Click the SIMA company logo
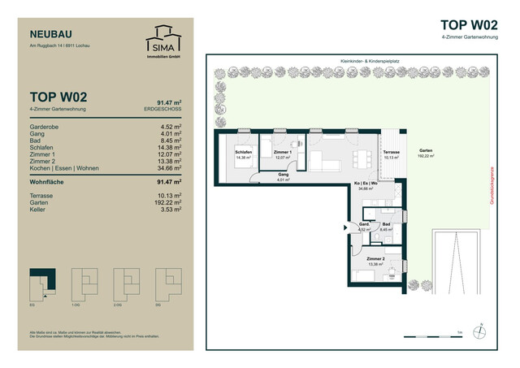[x=159, y=40]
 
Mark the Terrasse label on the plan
[x=392, y=152]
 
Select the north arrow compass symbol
[x=483, y=331]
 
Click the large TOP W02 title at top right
[x=469, y=24]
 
